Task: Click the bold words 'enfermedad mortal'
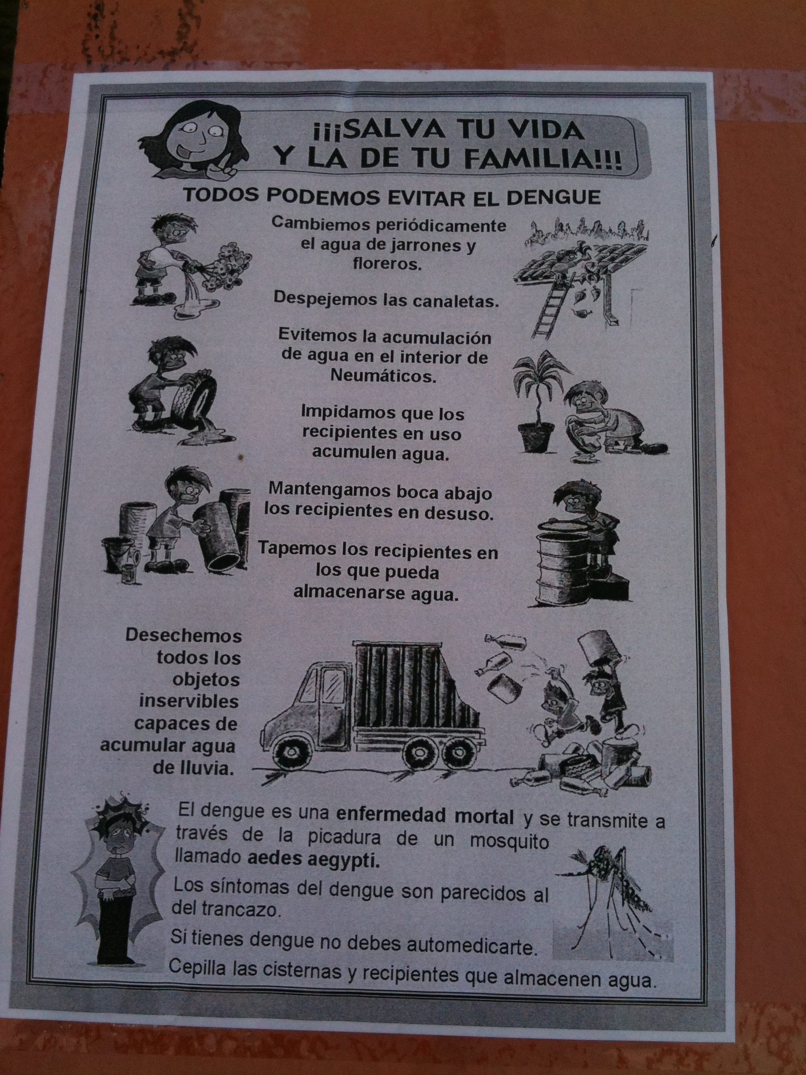(x=425, y=817)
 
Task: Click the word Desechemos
(x=184, y=636)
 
